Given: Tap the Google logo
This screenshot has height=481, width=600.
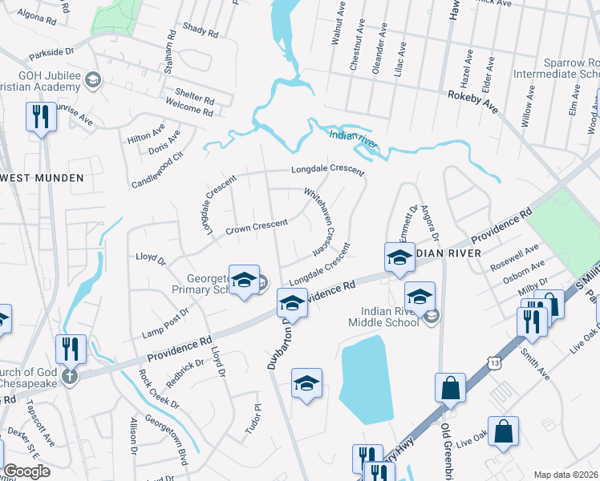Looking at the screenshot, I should pyautogui.click(x=26, y=471).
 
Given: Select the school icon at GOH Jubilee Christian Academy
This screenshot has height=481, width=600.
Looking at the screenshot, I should pyautogui.click(x=94, y=79).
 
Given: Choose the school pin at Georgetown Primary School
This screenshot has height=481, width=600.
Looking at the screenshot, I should pyautogui.click(x=244, y=279).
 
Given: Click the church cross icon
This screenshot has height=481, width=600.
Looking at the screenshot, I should pyautogui.click(x=70, y=377).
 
